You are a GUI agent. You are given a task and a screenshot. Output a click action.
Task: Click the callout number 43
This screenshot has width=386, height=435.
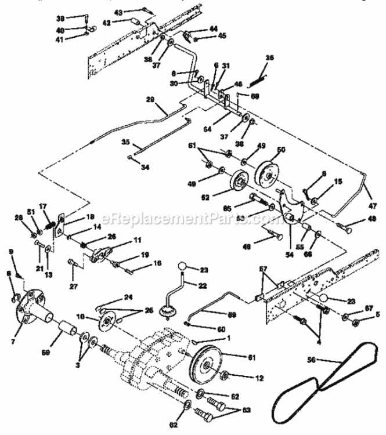(134, 11)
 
